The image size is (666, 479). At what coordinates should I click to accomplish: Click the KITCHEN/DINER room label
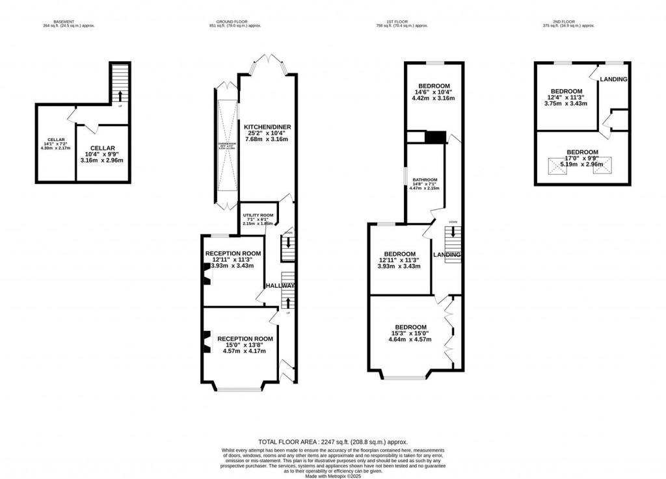click(x=267, y=127)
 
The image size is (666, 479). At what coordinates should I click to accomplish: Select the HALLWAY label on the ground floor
click(x=280, y=286)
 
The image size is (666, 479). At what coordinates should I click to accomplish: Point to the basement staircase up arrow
click(x=120, y=97)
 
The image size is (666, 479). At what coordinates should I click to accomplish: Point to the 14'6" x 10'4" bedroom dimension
click(x=434, y=92)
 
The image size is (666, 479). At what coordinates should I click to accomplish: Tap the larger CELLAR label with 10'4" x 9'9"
click(x=102, y=148)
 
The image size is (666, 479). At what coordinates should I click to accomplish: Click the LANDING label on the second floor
click(x=613, y=80)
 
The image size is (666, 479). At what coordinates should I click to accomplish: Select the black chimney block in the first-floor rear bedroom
click(x=435, y=137)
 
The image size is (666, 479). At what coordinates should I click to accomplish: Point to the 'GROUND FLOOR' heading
click(x=235, y=21)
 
